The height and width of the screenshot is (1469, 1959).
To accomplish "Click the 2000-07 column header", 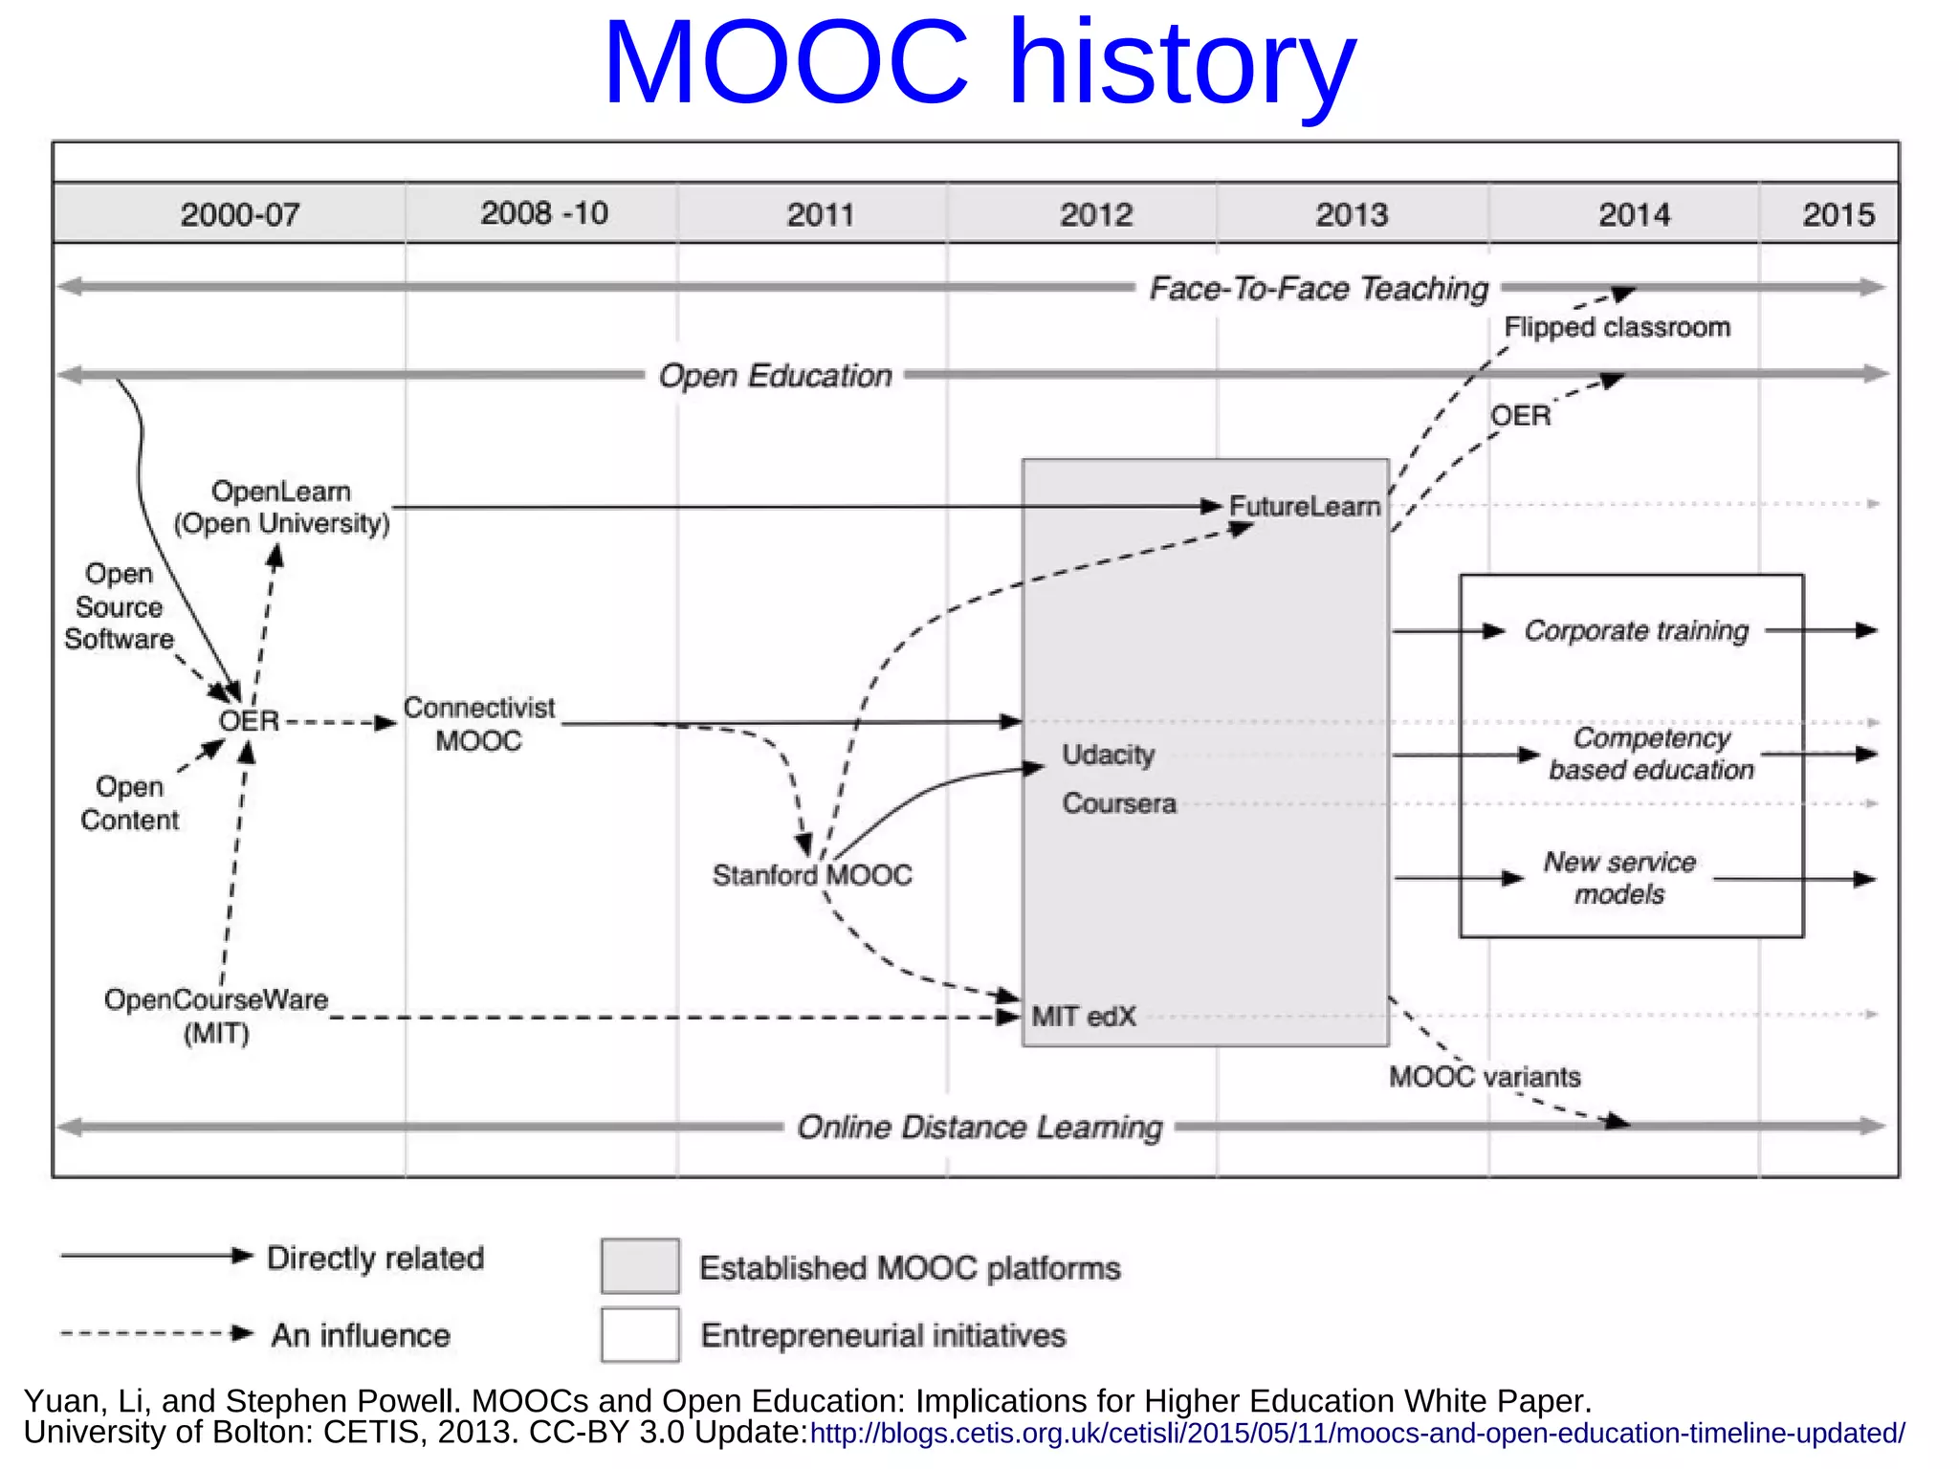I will tap(240, 214).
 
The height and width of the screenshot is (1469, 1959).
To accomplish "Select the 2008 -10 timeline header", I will tap(543, 212).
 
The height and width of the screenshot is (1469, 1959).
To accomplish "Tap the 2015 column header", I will tap(1838, 214).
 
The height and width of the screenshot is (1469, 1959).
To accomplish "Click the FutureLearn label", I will tap(1305, 506).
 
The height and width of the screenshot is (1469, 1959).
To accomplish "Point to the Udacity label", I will tap(1108, 755).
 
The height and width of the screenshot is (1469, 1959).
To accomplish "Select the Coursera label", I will tap(1119, 802).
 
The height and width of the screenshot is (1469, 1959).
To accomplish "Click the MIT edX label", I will tap(1084, 1016).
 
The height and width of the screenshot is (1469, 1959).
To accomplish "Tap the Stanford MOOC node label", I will tap(812, 875).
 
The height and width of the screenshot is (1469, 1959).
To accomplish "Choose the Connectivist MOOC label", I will tap(478, 724).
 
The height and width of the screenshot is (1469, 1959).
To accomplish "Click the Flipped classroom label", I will tap(1617, 327).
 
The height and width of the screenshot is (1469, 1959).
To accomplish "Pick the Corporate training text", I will tap(1636, 630).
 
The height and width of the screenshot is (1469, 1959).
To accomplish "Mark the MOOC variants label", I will tap(1485, 1077).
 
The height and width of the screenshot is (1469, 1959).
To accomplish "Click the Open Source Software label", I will tap(120, 606).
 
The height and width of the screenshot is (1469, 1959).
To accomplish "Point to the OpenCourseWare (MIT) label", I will tap(216, 1016).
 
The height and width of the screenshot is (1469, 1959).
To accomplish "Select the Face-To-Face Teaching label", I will tap(1318, 288).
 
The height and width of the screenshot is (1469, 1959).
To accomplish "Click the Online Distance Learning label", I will tap(979, 1127).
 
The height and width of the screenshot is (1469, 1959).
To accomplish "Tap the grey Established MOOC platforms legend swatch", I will tap(640, 1265).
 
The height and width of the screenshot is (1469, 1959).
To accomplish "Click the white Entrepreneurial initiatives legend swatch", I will tap(640, 1334).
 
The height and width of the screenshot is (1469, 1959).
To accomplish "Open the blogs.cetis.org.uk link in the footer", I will tap(1356, 1434).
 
